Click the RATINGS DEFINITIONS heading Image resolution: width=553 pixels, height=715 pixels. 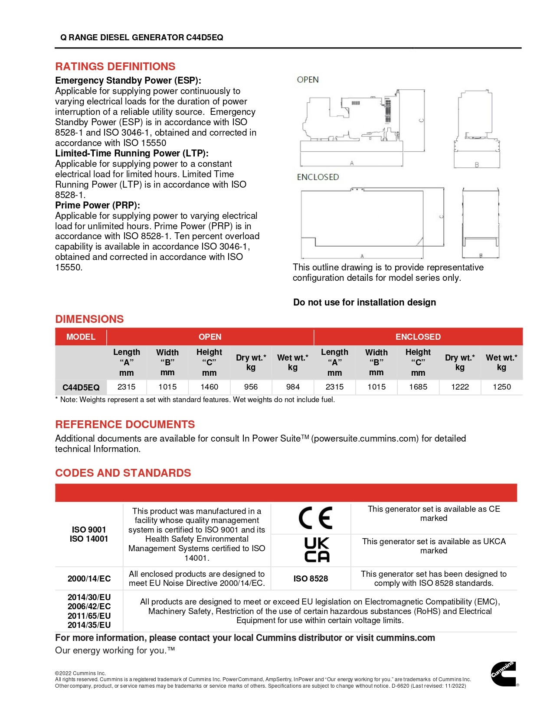(x=115, y=67)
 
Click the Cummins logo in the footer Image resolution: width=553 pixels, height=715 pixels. (x=503, y=674)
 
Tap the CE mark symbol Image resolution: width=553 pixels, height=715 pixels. (x=315, y=518)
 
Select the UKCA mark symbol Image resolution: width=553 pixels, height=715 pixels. (x=317, y=550)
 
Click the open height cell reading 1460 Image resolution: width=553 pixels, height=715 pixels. (x=209, y=387)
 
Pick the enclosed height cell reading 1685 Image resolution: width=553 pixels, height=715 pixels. (x=418, y=387)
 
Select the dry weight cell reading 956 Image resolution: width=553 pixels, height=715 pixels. (x=251, y=387)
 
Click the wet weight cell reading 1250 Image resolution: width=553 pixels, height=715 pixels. (x=501, y=387)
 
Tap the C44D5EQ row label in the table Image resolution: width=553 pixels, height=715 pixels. (x=81, y=387)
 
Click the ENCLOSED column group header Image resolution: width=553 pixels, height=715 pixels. (x=418, y=337)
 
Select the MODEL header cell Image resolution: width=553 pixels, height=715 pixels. (x=81, y=337)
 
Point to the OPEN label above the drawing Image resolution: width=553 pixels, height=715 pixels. (x=308, y=80)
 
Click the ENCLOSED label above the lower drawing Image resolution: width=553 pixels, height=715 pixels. (x=317, y=177)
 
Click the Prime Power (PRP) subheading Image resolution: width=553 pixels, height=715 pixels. (x=97, y=205)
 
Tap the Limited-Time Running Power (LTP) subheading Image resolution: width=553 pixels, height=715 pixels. (x=132, y=153)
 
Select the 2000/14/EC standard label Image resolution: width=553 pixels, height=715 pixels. (x=89, y=578)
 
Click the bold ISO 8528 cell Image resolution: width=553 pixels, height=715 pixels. (x=311, y=578)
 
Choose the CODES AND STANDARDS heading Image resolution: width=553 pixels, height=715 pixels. (x=123, y=473)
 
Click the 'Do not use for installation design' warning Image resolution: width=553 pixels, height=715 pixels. (x=364, y=302)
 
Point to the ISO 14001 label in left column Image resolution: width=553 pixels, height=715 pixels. (x=89, y=539)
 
